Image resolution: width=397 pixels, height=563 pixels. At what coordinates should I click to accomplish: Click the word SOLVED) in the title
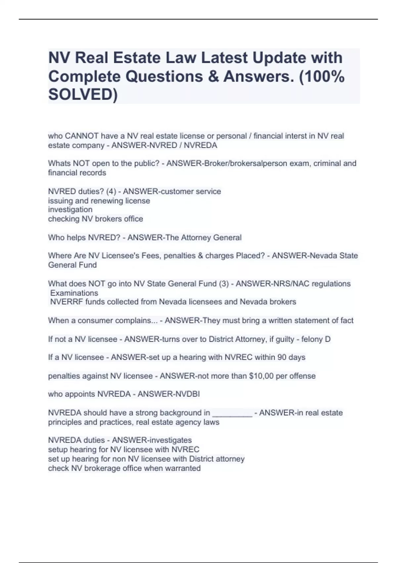[83, 95]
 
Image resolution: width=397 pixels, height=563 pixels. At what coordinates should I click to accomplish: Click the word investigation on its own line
[70, 210]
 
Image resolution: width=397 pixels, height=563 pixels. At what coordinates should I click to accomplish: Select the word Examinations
[74, 293]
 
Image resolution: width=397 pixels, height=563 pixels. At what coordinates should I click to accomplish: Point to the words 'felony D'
[316, 339]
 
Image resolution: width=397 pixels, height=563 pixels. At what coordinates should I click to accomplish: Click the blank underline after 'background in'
[232, 413]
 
